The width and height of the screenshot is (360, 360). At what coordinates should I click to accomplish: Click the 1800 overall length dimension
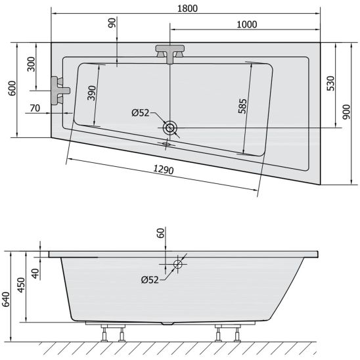187,9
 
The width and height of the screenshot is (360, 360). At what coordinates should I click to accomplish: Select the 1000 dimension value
246,24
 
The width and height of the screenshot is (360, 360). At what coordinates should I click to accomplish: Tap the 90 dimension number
112,23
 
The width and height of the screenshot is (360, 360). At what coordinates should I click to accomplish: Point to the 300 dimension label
31,64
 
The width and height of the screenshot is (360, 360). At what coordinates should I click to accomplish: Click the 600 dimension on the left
12,89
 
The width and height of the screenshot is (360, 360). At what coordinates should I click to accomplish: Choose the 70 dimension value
35,108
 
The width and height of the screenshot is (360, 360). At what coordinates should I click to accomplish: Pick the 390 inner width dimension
91,93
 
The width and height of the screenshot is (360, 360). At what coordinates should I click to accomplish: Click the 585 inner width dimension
242,106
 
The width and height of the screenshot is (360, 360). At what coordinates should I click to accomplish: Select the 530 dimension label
330,83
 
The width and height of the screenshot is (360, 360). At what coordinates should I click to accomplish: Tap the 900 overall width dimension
346,112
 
